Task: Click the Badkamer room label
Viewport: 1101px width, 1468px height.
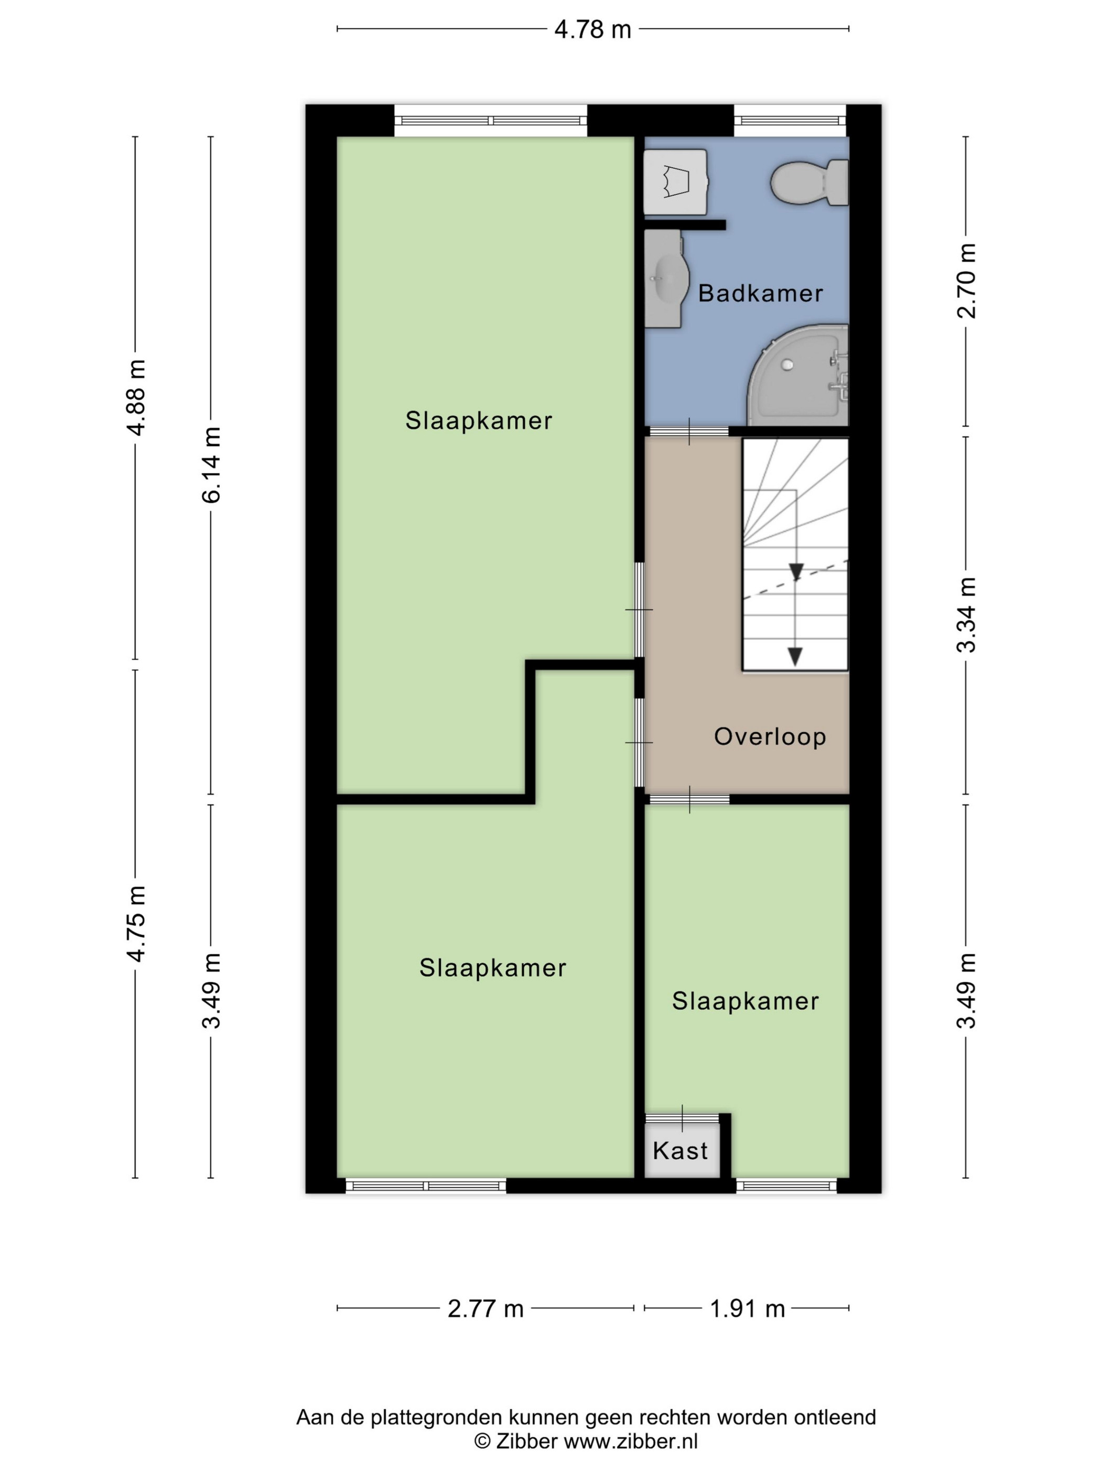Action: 761,293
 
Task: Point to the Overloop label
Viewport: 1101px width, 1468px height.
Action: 770,736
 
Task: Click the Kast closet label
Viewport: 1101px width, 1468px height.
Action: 680,1150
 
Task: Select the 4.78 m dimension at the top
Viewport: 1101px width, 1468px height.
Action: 592,29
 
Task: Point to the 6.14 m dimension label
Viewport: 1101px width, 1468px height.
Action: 211,465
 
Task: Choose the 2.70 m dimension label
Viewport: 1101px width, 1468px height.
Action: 966,280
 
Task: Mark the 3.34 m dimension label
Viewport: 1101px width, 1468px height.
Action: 966,614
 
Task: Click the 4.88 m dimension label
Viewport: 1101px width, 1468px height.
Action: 136,397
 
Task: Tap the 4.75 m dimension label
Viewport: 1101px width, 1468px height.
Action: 136,923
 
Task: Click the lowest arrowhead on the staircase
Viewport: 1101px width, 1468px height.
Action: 794,656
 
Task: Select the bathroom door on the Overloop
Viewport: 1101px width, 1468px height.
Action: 689,431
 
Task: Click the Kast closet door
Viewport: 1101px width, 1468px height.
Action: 682,1118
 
